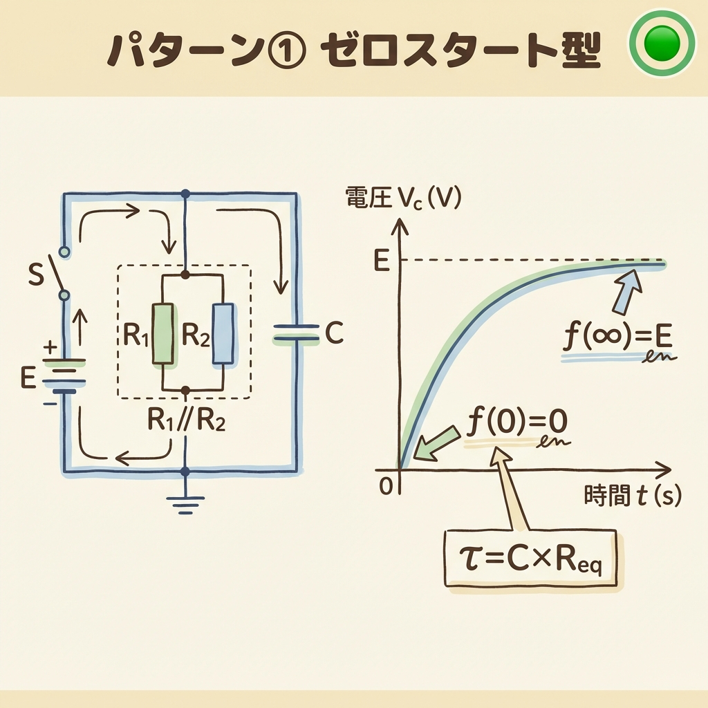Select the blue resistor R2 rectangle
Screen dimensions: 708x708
223,334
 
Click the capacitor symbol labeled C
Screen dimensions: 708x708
296,333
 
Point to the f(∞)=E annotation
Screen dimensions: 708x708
617,340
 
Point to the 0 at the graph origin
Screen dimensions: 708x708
385,485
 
